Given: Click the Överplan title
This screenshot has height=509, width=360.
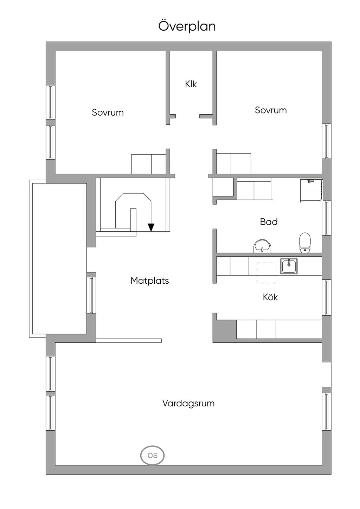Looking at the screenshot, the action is (187, 26).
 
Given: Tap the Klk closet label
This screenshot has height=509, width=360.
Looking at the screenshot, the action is (191, 84).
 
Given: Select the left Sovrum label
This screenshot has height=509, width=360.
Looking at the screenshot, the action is (108, 112).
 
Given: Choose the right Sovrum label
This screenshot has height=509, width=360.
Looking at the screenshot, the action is (271, 110).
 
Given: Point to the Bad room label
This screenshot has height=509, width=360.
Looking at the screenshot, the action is (269, 222).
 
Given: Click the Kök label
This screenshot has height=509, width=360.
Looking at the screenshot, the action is (270, 297).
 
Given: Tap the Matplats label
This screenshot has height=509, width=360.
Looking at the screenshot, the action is (149, 281).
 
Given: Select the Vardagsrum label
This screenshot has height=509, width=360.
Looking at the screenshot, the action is (188, 403).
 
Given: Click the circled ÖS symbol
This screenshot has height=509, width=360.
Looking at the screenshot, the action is (152, 456).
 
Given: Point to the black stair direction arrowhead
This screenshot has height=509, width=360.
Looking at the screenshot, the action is (151, 227).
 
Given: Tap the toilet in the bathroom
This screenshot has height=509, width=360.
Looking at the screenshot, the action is (305, 243).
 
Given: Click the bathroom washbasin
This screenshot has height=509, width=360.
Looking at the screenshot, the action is (262, 246).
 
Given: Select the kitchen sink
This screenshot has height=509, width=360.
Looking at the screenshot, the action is (289, 266).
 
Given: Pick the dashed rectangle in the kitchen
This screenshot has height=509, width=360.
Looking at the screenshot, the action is (266, 273).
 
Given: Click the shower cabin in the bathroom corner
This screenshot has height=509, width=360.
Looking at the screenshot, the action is (311, 190).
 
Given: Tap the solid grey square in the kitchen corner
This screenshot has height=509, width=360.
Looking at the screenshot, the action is (224, 330).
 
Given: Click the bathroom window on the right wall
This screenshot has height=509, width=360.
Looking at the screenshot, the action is (327, 218).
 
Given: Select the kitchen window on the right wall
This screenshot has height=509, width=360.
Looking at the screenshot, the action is (327, 297).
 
